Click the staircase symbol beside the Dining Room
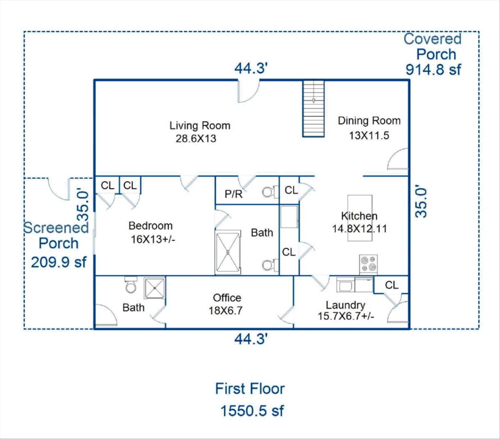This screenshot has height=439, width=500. (x=313, y=109)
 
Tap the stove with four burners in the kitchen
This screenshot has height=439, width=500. (x=368, y=264)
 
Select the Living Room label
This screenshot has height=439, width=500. (x=200, y=126)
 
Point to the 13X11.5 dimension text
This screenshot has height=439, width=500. (x=369, y=135)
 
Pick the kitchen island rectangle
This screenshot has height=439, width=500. (x=360, y=218)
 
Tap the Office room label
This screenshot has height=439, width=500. (x=227, y=298)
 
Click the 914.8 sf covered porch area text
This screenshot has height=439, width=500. (x=433, y=70)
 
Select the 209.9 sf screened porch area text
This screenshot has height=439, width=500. (x=59, y=262)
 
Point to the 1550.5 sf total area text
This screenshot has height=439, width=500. (x=252, y=411)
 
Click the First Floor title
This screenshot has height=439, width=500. (x=250, y=389)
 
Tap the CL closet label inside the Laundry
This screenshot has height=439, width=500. (x=392, y=285)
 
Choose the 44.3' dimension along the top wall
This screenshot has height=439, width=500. (x=251, y=68)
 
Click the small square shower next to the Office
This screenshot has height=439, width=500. (x=155, y=288)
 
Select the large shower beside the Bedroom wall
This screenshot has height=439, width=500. (x=228, y=252)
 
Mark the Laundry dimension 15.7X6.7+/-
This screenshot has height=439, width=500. (x=346, y=316)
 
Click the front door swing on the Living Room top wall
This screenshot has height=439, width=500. (x=248, y=91)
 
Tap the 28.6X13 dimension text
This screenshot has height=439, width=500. (x=196, y=139)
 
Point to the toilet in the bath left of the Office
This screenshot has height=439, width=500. (x=131, y=285)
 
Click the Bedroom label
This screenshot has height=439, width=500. (x=150, y=226)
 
